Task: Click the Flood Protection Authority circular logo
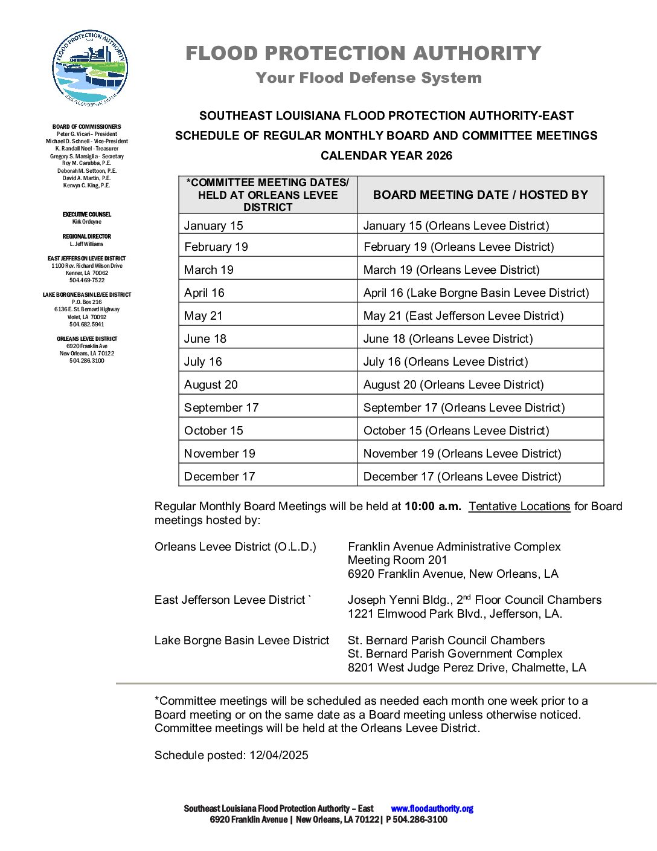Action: pyautogui.click(x=90, y=68)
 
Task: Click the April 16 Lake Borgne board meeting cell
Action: pyautogui.click(x=476, y=293)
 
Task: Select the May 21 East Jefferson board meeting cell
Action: pyautogui.click(x=463, y=315)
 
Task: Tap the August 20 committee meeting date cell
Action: pyautogui.click(x=211, y=384)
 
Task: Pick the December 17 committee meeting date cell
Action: pyautogui.click(x=219, y=476)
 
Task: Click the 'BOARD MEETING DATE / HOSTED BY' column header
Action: pyautogui.click(x=480, y=195)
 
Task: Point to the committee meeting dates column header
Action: pyautogui.click(x=268, y=195)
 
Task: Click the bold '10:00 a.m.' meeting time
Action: pyautogui.click(x=432, y=506)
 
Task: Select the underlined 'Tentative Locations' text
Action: pyautogui.click(x=519, y=506)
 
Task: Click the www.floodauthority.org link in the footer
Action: pyautogui.click(x=432, y=809)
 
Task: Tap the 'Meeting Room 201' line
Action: pyautogui.click(x=397, y=560)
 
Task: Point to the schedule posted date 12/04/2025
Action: pyautogui.click(x=278, y=755)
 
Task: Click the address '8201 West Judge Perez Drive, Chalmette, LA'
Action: pyautogui.click(x=467, y=667)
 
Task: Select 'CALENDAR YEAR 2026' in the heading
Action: pyautogui.click(x=386, y=155)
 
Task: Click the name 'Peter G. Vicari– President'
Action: pyautogui.click(x=87, y=134)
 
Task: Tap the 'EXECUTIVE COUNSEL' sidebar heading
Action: pyautogui.click(x=87, y=215)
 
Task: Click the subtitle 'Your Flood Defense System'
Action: pyautogui.click(x=368, y=78)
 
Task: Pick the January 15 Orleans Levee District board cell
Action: pyautogui.click(x=456, y=225)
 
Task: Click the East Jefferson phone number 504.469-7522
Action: pyautogui.click(x=87, y=280)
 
